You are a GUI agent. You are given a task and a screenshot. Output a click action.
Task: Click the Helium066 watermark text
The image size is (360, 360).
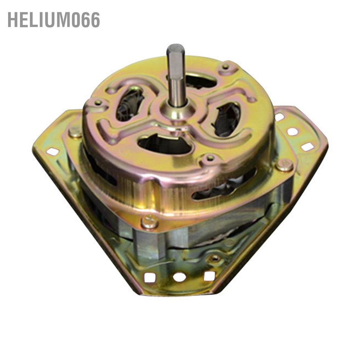tap(54, 20)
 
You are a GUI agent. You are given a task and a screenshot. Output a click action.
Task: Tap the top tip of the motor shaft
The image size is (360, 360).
tap(175, 45)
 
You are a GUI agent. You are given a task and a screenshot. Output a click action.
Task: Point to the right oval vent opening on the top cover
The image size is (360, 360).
tap(226, 119)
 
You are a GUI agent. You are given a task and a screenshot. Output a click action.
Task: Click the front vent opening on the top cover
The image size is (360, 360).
tap(165, 144)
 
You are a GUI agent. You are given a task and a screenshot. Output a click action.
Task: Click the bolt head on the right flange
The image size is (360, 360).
tap(284, 165)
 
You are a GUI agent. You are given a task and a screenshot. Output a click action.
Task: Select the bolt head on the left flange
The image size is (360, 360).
tap(75, 132)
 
